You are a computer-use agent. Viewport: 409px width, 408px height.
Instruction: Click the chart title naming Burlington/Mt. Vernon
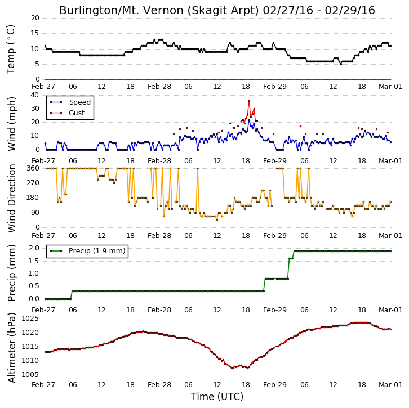click(217, 11)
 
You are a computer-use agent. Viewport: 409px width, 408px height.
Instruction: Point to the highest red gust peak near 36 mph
click(249, 101)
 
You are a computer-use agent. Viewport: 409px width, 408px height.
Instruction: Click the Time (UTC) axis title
click(217, 397)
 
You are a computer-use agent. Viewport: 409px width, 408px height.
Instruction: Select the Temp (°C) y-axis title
click(11, 50)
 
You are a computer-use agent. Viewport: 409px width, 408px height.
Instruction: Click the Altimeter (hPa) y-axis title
click(11, 348)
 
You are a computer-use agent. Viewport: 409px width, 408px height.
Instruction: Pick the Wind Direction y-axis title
click(11, 199)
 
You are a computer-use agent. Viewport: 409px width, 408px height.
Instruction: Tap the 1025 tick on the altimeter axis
click(30, 319)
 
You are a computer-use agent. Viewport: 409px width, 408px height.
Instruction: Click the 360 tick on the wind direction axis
click(33, 168)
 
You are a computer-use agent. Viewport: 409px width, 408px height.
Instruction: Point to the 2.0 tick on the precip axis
click(34, 248)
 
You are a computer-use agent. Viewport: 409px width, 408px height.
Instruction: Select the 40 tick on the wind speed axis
click(35, 95)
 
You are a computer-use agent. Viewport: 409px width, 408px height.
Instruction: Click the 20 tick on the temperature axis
click(35, 18)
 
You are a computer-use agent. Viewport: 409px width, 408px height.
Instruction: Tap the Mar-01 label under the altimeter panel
click(390, 384)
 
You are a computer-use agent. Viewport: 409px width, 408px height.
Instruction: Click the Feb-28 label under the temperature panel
click(159, 87)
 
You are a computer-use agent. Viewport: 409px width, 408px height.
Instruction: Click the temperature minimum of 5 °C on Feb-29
click(341, 64)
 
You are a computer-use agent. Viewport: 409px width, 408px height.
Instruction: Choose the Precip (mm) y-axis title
click(11, 273)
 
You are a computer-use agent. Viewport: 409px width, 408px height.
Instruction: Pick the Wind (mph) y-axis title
click(11, 124)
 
